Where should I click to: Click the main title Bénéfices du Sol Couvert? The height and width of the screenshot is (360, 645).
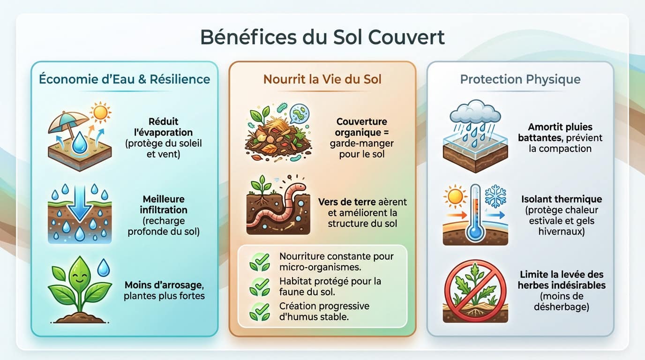tap(322, 37)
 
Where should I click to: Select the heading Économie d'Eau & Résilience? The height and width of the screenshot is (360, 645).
tap(124, 79)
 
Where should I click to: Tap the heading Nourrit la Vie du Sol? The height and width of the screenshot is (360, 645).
tap(322, 79)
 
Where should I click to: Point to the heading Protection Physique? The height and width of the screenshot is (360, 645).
tap(520, 79)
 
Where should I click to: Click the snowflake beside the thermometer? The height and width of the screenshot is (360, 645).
tap(495, 195)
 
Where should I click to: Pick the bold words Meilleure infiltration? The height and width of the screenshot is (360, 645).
tap(164, 205)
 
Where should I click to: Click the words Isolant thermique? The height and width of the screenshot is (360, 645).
tap(561, 200)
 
